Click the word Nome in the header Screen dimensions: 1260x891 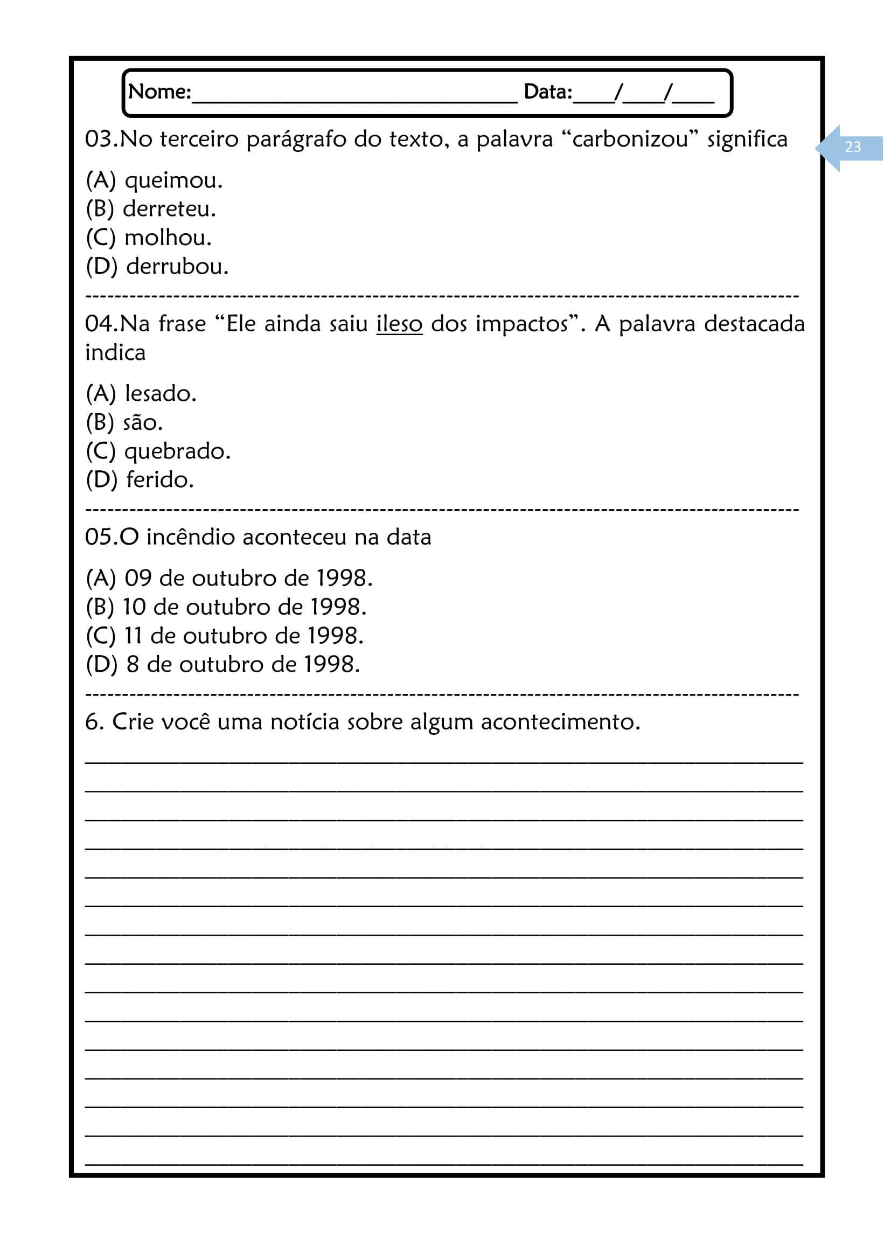click(x=158, y=92)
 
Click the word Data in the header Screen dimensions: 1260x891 click(x=547, y=92)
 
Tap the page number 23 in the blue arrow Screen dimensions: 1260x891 click(x=853, y=147)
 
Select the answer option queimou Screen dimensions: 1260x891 click(x=173, y=180)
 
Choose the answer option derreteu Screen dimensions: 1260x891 click(x=169, y=209)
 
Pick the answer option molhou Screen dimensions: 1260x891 click(x=168, y=238)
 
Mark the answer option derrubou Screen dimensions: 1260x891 click(x=177, y=267)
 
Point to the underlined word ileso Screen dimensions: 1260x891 click(x=399, y=324)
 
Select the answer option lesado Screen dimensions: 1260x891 click(x=160, y=393)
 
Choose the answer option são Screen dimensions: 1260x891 click(x=142, y=422)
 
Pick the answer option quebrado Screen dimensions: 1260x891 click(x=177, y=451)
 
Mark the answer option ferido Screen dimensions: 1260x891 click(x=159, y=480)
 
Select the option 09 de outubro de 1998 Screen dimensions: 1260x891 click(x=248, y=579)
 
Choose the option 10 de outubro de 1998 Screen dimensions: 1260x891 click(x=244, y=608)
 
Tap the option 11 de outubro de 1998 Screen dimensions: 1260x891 click(x=243, y=636)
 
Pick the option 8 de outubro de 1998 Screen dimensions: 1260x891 click(x=242, y=665)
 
